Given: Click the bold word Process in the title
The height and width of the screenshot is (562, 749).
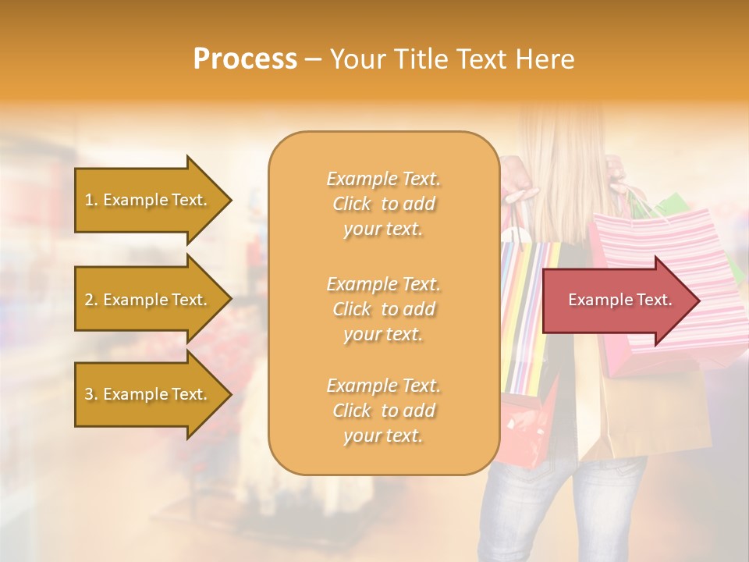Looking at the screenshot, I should click(245, 59).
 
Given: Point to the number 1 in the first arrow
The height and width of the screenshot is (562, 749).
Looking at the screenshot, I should click(89, 201).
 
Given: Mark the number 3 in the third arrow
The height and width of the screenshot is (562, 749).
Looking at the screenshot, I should click(89, 395).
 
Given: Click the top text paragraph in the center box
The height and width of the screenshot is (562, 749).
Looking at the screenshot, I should click(383, 204).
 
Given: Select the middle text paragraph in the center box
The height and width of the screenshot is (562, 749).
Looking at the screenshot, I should click(383, 308).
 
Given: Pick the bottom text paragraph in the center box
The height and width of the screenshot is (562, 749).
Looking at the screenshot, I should click(383, 411).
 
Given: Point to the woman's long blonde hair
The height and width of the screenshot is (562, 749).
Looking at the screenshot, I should click(562, 172).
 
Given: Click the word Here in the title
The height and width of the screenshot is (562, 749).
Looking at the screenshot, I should click(545, 59).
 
